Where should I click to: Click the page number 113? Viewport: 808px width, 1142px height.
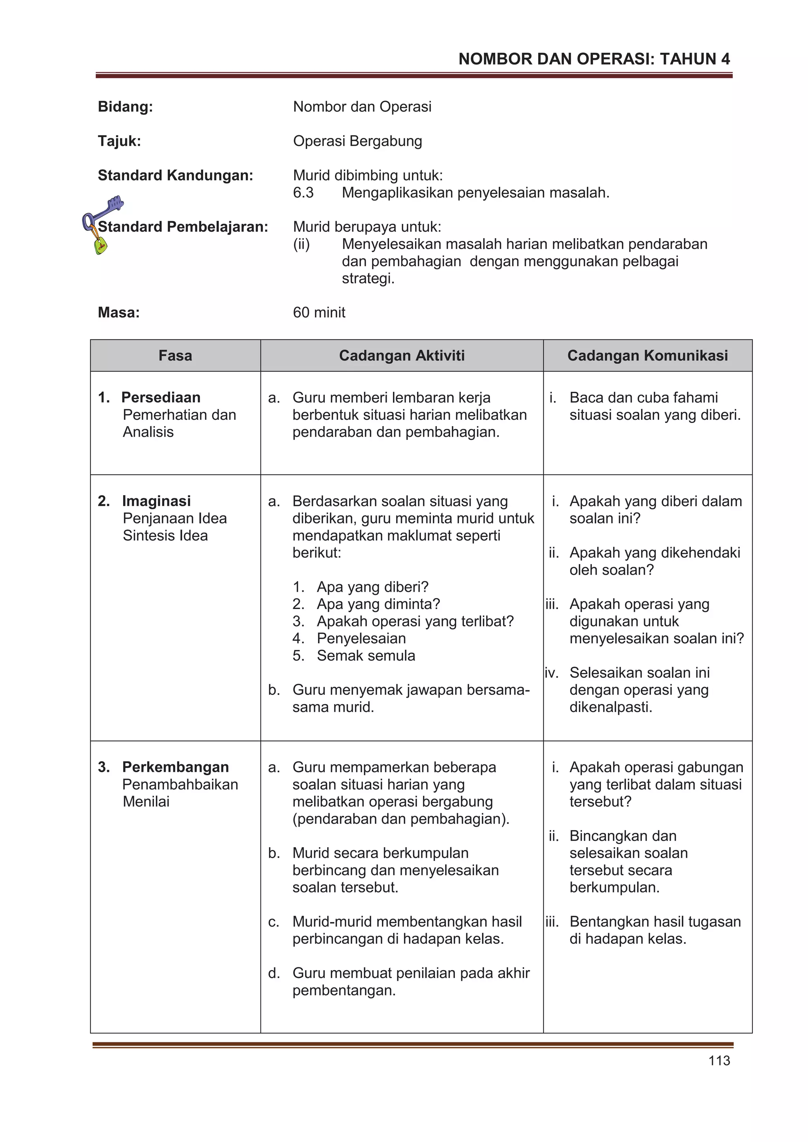coord(719,1060)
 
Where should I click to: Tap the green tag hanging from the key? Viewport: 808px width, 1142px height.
coord(101,246)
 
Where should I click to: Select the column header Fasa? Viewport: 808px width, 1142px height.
coord(175,356)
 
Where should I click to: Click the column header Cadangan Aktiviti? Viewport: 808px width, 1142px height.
coord(401,356)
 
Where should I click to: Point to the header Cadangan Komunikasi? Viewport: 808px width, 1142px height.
coord(647,356)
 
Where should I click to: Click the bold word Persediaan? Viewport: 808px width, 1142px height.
coord(161,397)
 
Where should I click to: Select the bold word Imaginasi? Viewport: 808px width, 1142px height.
coord(156,501)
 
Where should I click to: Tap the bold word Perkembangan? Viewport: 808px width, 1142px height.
coord(175,767)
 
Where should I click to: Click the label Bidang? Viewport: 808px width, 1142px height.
coord(125,106)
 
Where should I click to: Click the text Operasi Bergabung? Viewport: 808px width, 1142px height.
coord(357,141)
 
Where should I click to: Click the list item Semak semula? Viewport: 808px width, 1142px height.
coord(366,656)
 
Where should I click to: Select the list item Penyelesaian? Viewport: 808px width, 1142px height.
coord(361,638)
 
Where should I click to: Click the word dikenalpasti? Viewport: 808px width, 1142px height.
coord(610,707)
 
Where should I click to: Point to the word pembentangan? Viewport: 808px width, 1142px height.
coord(344,990)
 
